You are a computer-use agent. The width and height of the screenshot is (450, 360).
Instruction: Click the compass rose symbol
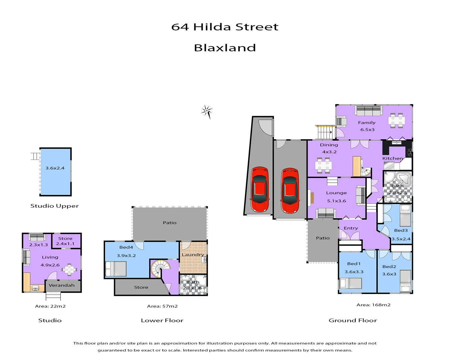[x=207, y=111]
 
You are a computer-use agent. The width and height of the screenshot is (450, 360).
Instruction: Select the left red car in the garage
[x=260, y=189]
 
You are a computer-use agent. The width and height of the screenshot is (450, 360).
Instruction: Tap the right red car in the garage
[x=289, y=190]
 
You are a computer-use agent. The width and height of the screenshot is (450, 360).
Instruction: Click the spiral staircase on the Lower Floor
[x=160, y=268]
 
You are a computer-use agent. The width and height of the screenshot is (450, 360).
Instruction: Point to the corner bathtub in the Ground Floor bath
[x=403, y=178]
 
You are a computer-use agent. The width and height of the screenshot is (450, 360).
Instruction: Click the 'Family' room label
[x=367, y=123]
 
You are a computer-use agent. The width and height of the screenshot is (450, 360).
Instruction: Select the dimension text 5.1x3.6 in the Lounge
[x=336, y=201]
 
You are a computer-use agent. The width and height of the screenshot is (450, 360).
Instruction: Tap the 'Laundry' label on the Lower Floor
[x=193, y=255]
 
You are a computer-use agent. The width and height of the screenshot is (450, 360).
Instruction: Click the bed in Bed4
[x=116, y=269]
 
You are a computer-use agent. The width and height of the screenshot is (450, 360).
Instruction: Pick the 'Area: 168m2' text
[x=373, y=305]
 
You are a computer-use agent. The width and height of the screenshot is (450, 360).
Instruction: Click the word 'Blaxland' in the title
[x=225, y=48]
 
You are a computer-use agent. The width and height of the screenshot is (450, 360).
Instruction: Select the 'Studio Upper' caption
[x=55, y=206]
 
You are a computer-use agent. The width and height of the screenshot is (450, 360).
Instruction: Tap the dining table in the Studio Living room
[x=69, y=269]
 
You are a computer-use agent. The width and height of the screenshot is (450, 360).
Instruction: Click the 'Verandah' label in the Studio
[x=62, y=285]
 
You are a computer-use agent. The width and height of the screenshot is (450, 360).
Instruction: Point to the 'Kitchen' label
[x=392, y=158]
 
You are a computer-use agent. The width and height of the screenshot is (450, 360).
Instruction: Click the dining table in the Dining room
[x=323, y=165]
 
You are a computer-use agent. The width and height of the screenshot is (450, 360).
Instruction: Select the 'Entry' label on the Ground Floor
[x=351, y=228]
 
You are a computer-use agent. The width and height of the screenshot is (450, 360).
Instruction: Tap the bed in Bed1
[x=350, y=283]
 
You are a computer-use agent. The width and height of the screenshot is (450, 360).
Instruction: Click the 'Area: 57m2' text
[x=162, y=306]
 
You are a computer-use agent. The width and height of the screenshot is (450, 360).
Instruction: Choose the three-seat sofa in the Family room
[x=368, y=111]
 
